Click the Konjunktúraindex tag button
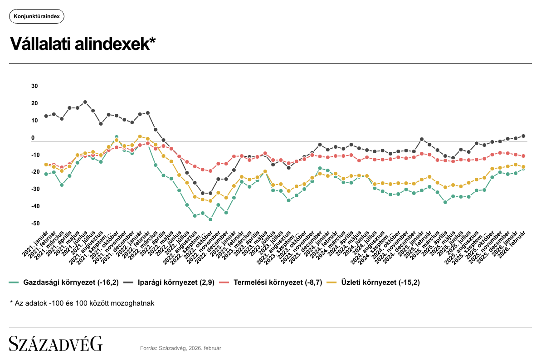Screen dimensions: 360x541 point(37,17)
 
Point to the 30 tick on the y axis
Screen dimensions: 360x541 point(34,86)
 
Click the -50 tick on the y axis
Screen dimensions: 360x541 point(34,224)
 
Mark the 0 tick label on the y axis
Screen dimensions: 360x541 point(33,138)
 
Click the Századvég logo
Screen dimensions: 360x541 point(56,344)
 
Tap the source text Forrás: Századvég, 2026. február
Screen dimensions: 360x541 point(180,348)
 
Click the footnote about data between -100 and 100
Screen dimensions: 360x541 point(82,303)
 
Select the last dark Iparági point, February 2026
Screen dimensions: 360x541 point(523,136)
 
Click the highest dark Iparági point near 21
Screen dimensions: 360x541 point(85,102)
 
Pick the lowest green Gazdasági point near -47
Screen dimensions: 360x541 point(210,219)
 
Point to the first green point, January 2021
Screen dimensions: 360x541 point(46,174)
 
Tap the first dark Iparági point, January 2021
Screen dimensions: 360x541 point(46,116)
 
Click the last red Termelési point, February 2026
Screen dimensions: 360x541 point(523,156)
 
